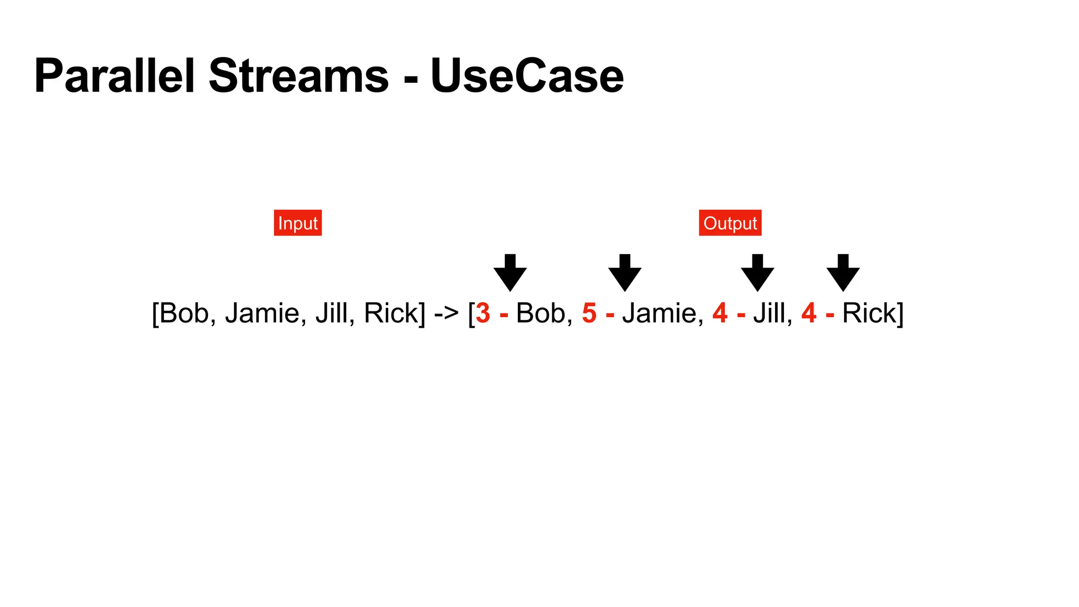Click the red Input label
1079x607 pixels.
coord(298,223)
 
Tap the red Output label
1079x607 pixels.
coord(730,223)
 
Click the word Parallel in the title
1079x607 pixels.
coord(114,76)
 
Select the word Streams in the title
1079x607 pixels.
coord(299,76)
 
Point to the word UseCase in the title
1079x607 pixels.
coord(527,76)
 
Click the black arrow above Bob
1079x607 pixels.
coord(510,272)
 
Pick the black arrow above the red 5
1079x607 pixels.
coord(625,272)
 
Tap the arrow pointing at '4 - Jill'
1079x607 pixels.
coord(758,272)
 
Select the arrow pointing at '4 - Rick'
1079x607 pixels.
coord(843,272)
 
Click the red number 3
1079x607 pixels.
coord(483,313)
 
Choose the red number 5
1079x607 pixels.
coord(590,313)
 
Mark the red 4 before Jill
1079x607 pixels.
coord(720,313)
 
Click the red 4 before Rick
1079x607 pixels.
coord(809,313)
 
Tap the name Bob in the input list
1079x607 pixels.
coord(184,313)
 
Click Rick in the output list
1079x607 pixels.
coord(869,313)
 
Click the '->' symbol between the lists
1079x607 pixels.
coord(446,314)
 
